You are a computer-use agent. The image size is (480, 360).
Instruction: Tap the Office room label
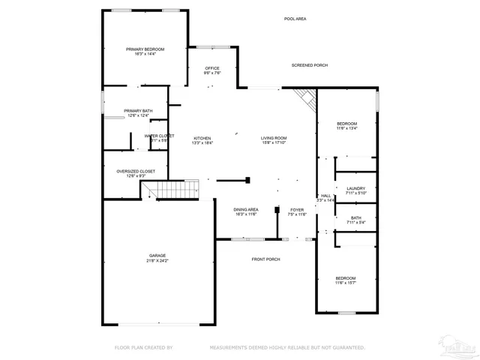(x=212, y=70)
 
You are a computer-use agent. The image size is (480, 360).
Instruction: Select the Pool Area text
(x=295, y=19)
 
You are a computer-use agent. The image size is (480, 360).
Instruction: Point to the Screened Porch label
(x=310, y=66)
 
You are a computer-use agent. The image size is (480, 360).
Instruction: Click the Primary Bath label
(x=138, y=113)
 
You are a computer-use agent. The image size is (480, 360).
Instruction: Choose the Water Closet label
(x=159, y=138)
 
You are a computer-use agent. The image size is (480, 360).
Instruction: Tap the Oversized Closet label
(x=136, y=173)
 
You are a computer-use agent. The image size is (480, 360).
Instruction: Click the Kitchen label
(x=202, y=140)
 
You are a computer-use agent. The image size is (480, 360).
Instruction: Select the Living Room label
(x=274, y=140)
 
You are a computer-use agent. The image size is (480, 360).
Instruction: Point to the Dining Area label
(x=246, y=211)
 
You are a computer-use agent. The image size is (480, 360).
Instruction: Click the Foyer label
(x=297, y=211)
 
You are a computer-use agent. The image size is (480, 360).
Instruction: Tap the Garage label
(x=157, y=258)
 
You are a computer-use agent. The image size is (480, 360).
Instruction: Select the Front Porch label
(x=265, y=259)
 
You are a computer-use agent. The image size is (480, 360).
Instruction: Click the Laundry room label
(x=355, y=190)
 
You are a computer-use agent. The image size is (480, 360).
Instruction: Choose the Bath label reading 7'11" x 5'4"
(x=355, y=220)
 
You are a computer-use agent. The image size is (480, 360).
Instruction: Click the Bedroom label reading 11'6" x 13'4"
(x=346, y=126)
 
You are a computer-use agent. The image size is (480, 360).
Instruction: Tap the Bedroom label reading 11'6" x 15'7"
(x=346, y=280)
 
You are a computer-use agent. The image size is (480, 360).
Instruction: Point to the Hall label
(x=325, y=198)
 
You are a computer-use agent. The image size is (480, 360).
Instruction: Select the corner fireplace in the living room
(x=303, y=97)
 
